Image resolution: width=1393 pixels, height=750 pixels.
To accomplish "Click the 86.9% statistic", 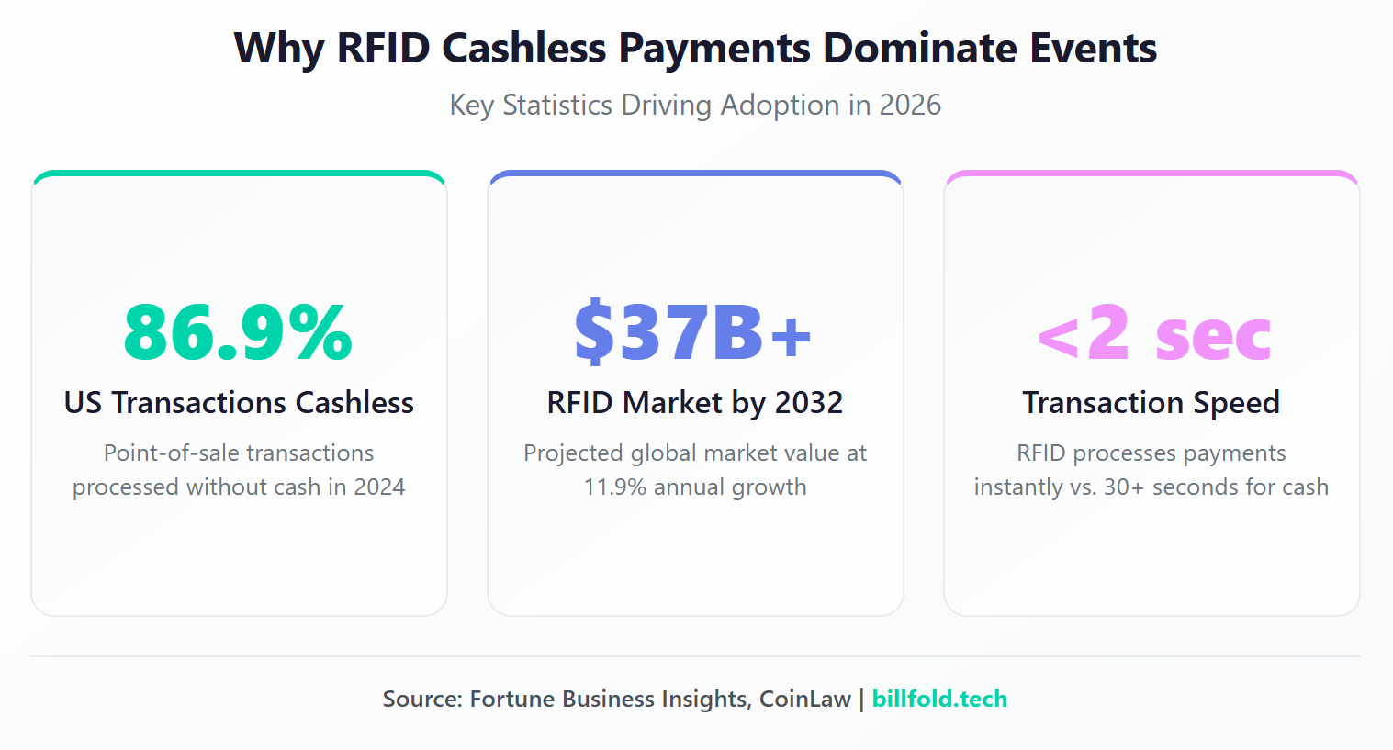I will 238,332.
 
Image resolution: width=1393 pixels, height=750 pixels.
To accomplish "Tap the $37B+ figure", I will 693,332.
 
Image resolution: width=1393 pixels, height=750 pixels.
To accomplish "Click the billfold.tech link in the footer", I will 938,700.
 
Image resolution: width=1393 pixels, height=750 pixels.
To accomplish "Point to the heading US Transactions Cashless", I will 239,403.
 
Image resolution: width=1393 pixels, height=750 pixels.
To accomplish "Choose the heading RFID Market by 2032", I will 694,403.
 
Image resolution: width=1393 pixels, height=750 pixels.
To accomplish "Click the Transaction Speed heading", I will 1151,403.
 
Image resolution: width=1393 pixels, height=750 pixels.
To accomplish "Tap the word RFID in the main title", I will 383,49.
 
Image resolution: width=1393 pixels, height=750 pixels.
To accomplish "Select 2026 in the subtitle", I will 909,106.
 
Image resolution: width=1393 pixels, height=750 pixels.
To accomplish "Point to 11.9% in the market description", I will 615,487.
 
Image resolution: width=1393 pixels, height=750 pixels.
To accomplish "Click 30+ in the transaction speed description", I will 1123,487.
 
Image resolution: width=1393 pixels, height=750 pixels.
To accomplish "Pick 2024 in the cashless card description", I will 379,487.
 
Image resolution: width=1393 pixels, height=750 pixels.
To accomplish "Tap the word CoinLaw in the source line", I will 804,700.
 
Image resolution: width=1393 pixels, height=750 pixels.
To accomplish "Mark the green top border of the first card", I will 239,174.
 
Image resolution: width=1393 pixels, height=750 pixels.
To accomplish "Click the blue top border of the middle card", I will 695,174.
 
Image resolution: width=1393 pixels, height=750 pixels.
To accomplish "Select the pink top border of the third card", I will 1151,174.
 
